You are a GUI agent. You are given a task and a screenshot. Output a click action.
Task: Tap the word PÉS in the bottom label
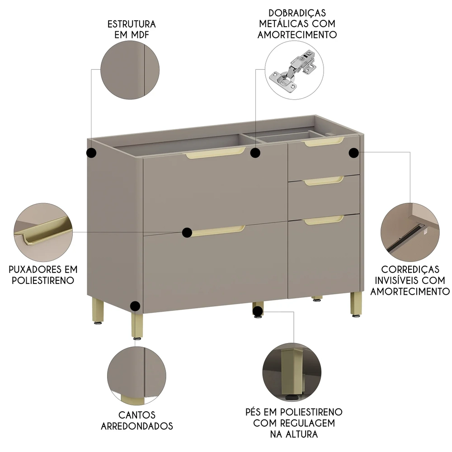(x=254, y=412)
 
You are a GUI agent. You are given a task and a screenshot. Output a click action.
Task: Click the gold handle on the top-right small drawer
(x=324, y=142)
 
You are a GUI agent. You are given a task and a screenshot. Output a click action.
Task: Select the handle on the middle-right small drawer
(x=324, y=181)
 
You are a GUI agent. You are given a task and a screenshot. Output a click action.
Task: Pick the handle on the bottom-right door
(x=324, y=220)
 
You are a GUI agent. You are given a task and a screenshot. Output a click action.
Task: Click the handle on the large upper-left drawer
(x=215, y=152)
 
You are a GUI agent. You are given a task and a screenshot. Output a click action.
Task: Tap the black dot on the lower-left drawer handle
(x=187, y=232)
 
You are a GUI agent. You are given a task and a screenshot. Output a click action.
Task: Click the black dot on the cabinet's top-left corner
(x=92, y=153)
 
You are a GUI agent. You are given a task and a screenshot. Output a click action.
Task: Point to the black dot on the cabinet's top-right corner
(x=354, y=153)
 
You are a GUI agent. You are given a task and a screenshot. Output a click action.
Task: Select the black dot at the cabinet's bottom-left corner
(x=135, y=306)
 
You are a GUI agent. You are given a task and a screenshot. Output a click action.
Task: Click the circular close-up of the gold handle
(x=43, y=231)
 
